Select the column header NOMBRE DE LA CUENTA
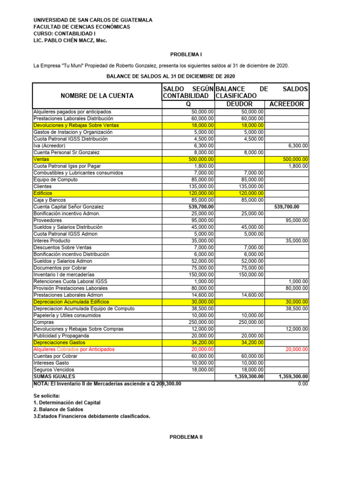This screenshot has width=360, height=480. pos(97,96)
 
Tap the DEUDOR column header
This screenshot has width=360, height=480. pos(240,104)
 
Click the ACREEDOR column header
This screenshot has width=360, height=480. pos(286,104)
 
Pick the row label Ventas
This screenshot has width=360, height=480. pos(41,159)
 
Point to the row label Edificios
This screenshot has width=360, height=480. pos(43,193)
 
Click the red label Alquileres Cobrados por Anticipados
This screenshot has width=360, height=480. pos(74,349)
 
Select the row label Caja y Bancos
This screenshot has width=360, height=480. pos(50,200)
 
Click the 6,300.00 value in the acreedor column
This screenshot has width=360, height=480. pos(296,146)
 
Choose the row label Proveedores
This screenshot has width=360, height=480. pos(47,220)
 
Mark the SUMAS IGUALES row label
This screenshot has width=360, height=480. pos(54,376)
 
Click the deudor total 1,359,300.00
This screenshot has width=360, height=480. pos(248,376)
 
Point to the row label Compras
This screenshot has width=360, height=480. pos(44,322)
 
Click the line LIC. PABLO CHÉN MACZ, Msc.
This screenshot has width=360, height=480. pos(70,40)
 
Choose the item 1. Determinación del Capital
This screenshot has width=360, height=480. pos(67,402)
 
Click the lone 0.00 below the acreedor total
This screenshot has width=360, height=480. pos(303,383)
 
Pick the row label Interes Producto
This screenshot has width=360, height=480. pos(52,240)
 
